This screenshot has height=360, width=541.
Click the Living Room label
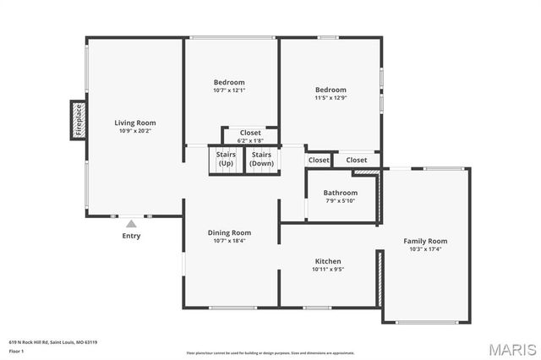pyautogui.click(x=135, y=123)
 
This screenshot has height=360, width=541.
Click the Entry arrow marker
pyautogui.click(x=130, y=223)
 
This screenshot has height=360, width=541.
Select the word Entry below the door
pyautogui.click(x=131, y=236)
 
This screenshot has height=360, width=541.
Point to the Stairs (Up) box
pyautogui.click(x=226, y=159)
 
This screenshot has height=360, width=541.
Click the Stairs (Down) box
pyautogui.click(x=261, y=159)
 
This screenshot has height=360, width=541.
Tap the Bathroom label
pyautogui.click(x=341, y=193)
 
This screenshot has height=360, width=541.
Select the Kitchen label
pyautogui.click(x=328, y=261)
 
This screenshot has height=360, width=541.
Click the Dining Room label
pyautogui.click(x=230, y=232)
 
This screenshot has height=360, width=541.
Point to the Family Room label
pyautogui.click(x=426, y=241)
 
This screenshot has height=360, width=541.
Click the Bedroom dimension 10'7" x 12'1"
pyautogui.click(x=230, y=90)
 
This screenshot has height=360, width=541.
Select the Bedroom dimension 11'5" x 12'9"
pyautogui.click(x=331, y=98)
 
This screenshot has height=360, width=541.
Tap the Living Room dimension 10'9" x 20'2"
pyautogui.click(x=135, y=131)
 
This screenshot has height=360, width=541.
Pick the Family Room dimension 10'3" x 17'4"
pyautogui.click(x=426, y=249)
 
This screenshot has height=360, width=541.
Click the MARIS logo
pyautogui.click(x=511, y=349)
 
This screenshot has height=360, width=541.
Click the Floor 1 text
pyautogui.click(x=17, y=349)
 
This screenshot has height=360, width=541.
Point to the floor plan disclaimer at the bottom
pyautogui.click(x=270, y=352)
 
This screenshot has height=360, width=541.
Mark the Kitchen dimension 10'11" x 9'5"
pyautogui.click(x=328, y=270)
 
